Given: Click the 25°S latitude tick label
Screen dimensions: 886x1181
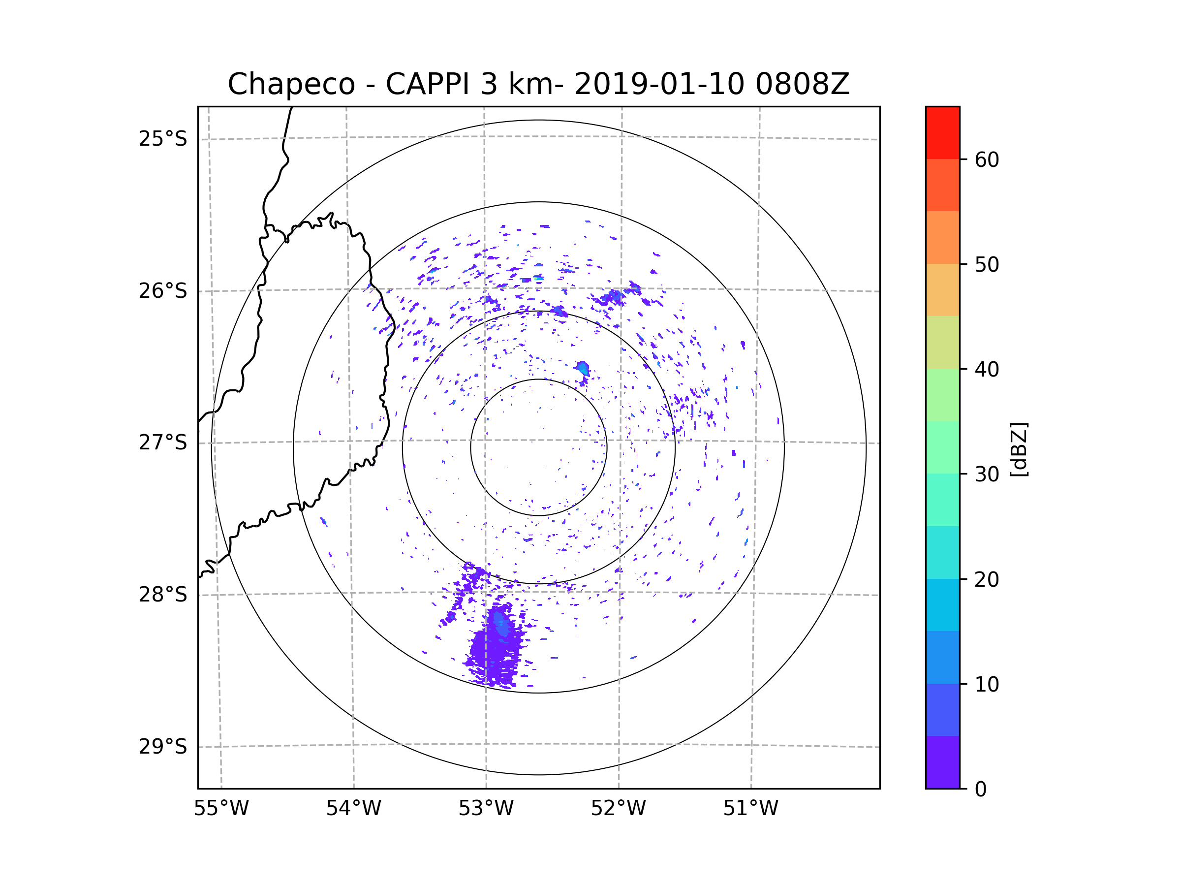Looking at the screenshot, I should pyautogui.click(x=163, y=139).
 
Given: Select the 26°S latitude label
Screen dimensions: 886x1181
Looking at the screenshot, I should pyautogui.click(x=163, y=291).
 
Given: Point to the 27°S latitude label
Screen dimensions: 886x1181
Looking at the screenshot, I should pyautogui.click(x=163, y=443).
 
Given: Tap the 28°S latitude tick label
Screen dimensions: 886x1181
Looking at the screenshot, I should pyautogui.click(x=163, y=595).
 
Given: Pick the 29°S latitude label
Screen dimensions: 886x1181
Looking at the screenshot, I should pyautogui.click(x=163, y=747).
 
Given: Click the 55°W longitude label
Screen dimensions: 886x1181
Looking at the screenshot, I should pyautogui.click(x=221, y=809).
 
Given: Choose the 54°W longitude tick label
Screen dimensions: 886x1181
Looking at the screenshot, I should pyautogui.click(x=353, y=809).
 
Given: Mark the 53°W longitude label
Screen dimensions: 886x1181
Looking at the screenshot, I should pyautogui.click(x=486, y=809).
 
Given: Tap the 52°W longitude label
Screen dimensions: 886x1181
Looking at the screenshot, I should pyautogui.click(x=618, y=809).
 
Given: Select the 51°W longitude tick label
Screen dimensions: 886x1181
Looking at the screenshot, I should pyautogui.click(x=750, y=809).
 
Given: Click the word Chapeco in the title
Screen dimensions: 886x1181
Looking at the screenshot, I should pyautogui.click(x=291, y=84).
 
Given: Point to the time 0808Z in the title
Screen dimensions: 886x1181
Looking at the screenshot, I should pyautogui.click(x=802, y=84).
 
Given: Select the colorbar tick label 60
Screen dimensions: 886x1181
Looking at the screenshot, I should pyautogui.click(x=987, y=159).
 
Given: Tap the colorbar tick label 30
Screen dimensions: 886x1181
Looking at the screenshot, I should pyautogui.click(x=987, y=474).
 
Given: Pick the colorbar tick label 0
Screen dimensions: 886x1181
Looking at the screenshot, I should pyautogui.click(x=981, y=790).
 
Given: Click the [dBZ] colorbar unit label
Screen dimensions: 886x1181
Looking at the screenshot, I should pyautogui.click(x=1019, y=449).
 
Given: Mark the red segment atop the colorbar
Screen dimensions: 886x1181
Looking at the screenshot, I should pyautogui.click(x=942, y=132).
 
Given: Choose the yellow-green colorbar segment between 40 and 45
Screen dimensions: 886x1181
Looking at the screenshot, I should pyautogui.click(x=942, y=342).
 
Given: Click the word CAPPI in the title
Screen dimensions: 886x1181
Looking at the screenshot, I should pyautogui.click(x=427, y=84).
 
